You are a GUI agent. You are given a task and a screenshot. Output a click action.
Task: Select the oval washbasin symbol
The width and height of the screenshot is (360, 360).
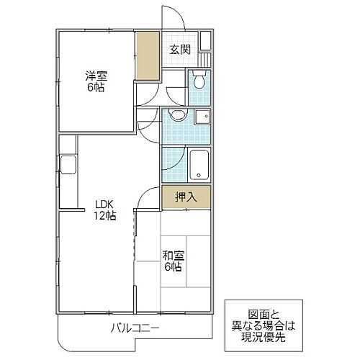click(175, 118)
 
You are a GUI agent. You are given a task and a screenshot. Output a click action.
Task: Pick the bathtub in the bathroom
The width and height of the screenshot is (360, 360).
click(199, 165)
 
